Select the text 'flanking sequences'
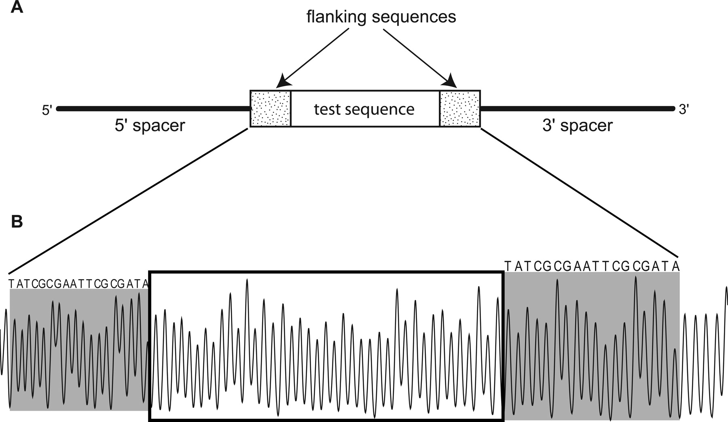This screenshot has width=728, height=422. pyautogui.click(x=381, y=17)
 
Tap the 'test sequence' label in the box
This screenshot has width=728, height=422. pyautogui.click(x=364, y=109)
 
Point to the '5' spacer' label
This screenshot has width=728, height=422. pyautogui.click(x=150, y=126)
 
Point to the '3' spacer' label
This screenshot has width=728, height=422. pyautogui.click(x=577, y=126)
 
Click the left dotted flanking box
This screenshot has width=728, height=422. pyautogui.click(x=271, y=109)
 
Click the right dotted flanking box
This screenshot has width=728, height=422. pyautogui.click(x=460, y=109)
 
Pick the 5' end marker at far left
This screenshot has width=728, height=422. pyautogui.click(x=47, y=110)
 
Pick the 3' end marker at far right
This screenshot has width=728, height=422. pyautogui.click(x=684, y=109)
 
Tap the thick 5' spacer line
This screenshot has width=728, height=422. pyautogui.click(x=154, y=108)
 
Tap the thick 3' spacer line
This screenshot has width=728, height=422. pyautogui.click(x=577, y=108)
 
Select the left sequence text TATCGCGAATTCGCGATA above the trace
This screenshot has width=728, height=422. pyautogui.click(x=78, y=284)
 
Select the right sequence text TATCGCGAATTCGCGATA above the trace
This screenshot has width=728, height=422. pyautogui.click(x=592, y=266)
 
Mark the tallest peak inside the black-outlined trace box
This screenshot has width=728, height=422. pyautogui.click(x=247, y=280)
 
